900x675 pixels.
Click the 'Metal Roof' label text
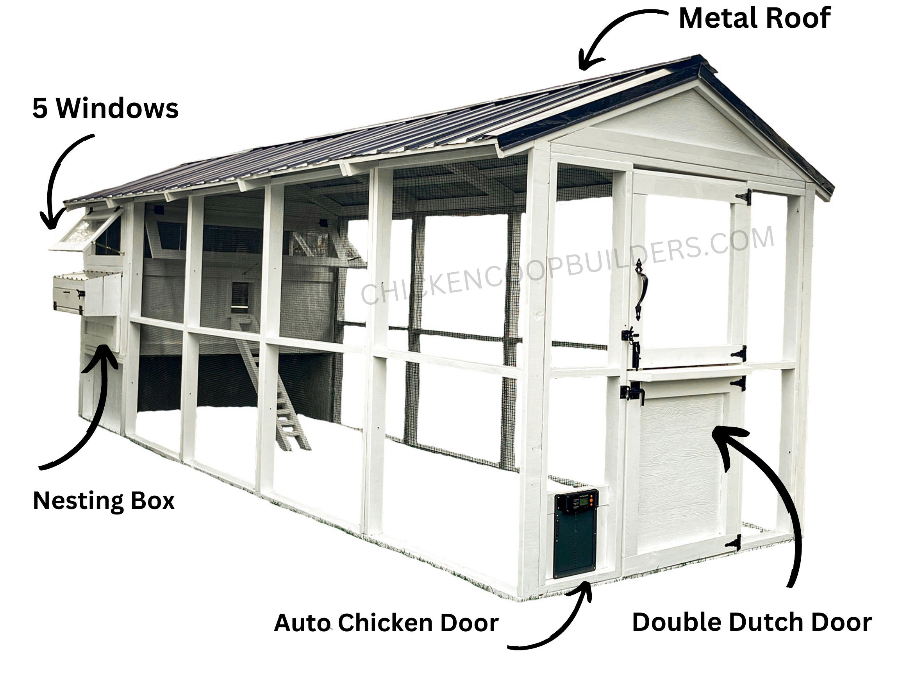755,18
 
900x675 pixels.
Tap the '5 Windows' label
105,108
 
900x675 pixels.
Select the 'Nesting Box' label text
104,501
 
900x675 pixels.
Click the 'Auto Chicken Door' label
386,623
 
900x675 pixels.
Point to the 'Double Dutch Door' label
752,623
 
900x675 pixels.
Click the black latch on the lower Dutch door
632,393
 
